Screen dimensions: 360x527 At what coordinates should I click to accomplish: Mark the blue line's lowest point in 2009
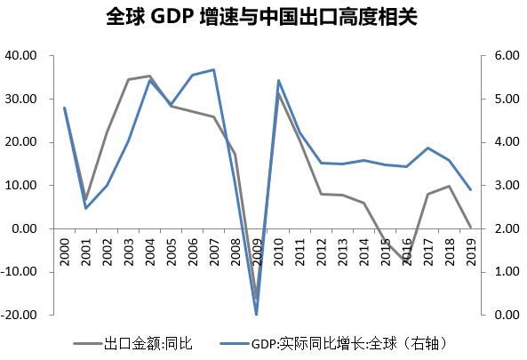(258, 314)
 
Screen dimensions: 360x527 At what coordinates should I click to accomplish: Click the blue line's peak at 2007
(214, 69)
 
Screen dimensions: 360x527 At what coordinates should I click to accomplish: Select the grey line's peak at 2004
(150, 76)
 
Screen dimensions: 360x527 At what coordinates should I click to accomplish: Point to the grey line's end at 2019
(471, 227)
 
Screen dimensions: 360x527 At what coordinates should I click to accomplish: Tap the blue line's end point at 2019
(471, 189)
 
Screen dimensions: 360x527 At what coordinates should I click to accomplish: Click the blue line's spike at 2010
(279, 80)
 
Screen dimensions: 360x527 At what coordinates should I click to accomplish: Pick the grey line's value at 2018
(450, 186)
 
